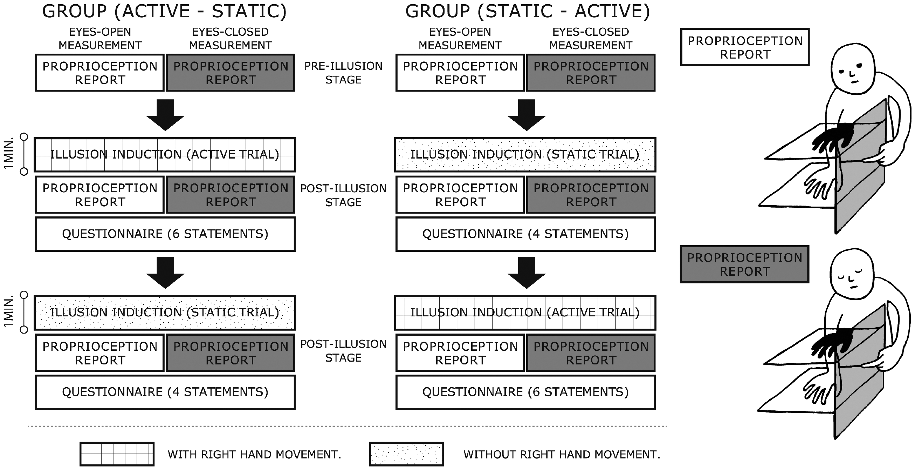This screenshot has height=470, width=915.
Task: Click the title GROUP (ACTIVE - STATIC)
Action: point(164,11)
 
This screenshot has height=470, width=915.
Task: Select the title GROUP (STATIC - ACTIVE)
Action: point(528,11)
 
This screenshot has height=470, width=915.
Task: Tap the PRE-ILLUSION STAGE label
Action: point(344,73)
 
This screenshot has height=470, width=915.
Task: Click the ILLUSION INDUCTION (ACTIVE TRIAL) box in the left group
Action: point(165,155)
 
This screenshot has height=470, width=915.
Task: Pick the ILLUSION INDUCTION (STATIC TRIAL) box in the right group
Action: point(525,155)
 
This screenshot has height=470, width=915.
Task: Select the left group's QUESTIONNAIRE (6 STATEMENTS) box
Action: point(165,234)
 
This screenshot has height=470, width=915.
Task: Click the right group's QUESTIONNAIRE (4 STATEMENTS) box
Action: point(525,234)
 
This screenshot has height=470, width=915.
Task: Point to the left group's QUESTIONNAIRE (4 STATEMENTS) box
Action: point(165,392)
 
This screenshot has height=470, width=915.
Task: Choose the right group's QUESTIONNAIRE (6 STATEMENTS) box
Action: point(525,392)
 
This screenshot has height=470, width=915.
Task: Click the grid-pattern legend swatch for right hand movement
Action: point(117,454)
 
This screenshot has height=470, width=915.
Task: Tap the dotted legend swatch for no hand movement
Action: point(406,454)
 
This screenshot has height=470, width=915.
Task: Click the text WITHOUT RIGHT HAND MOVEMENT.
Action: point(562,454)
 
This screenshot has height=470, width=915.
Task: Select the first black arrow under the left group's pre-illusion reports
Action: point(166,115)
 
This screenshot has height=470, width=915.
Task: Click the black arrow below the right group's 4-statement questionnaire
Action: point(527,273)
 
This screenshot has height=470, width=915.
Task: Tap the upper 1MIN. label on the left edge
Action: point(8,153)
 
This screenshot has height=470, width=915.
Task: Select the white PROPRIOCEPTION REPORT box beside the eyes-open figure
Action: point(745,47)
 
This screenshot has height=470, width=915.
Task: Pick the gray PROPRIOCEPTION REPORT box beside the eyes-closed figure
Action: point(744,264)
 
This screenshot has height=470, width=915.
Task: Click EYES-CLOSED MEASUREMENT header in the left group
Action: point(230,38)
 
